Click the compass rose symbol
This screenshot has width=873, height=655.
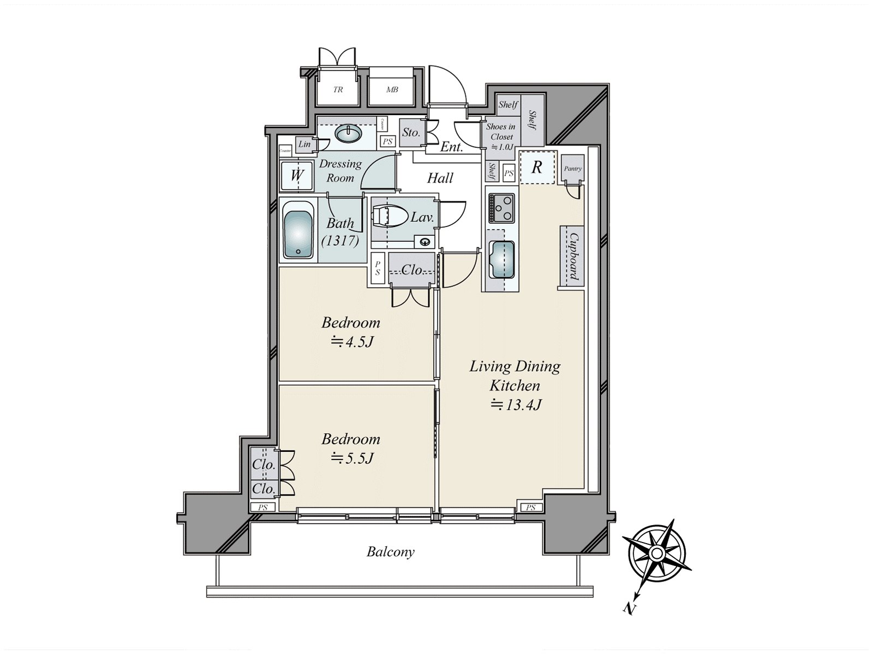click(657, 554)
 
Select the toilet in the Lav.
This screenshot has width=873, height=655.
click(391, 216)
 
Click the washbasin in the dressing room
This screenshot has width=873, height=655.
click(349, 133)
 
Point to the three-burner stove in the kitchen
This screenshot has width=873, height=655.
click(501, 208)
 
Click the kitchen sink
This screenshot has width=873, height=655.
click(501, 259)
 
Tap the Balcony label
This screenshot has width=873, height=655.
click(390, 552)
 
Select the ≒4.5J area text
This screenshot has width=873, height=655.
click(351, 342)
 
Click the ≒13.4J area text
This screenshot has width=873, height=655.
click(515, 404)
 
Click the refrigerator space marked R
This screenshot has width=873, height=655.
click(537, 168)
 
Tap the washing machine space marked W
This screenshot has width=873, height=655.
click(297, 176)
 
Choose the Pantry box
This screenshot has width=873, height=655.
click(572, 169)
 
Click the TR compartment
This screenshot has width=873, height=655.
click(338, 90)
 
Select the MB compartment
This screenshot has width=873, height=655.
click(392, 90)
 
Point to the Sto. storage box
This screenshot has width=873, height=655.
click(410, 133)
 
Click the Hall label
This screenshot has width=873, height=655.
click(440, 178)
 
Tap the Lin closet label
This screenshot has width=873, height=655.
click(304, 144)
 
